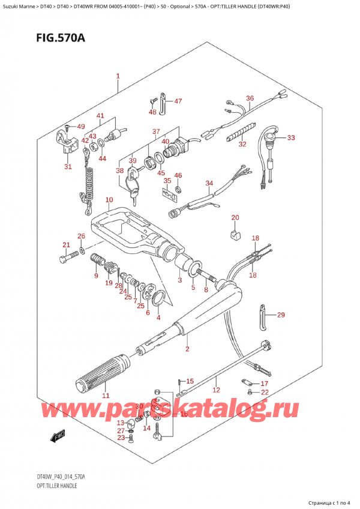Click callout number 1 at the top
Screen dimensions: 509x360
tap(118, 76)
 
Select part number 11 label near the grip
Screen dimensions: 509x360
tap(106, 396)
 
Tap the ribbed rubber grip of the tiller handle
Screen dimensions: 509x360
tap(101, 372)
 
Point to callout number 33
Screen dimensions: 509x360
tap(291, 138)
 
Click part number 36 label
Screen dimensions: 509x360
tap(250, 98)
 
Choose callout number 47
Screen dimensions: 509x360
tap(178, 101)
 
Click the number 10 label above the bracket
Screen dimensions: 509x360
tap(109, 200)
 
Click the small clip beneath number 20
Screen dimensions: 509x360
tap(235, 234)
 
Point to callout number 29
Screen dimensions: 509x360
tap(281, 315)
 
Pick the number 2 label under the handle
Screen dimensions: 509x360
tap(187, 349)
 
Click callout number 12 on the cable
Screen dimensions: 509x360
tap(217, 390)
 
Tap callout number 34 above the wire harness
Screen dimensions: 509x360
tap(209, 183)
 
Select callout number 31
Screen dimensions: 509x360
tap(68, 167)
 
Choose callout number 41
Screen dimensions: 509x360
tap(100, 115)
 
